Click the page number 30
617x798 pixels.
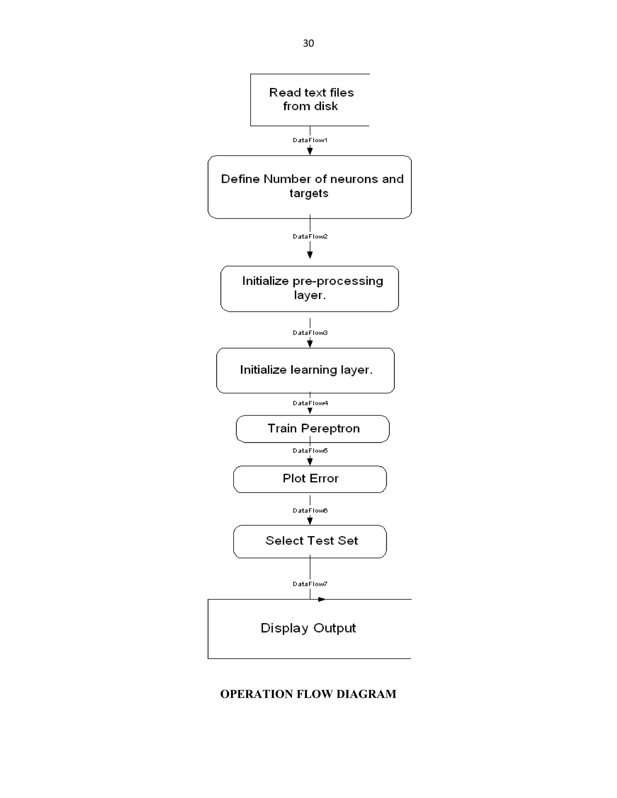(x=308, y=43)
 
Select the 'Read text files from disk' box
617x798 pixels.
(x=310, y=100)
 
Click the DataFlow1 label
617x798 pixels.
(x=310, y=140)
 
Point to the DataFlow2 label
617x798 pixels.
(x=310, y=236)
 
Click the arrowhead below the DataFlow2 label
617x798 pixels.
(x=310, y=255)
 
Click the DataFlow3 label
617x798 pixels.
(x=310, y=332)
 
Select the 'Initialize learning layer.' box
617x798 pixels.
(x=305, y=370)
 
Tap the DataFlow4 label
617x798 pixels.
(x=310, y=403)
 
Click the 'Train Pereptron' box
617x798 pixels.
(x=313, y=429)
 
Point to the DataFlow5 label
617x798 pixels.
(x=310, y=450)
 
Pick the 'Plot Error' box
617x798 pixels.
(x=310, y=479)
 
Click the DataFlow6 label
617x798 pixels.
(x=310, y=510)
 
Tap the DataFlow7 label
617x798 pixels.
(x=310, y=584)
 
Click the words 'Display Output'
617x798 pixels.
(x=308, y=628)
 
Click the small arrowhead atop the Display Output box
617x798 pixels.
(x=321, y=599)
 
